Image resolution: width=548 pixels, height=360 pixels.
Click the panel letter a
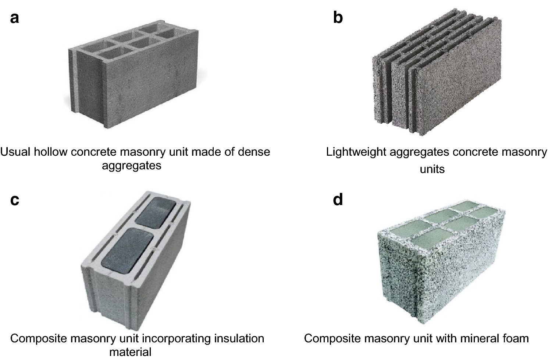(x=14, y=18)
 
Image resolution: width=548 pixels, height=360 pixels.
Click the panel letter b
(x=338, y=17)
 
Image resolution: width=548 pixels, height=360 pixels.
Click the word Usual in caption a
(x=15, y=152)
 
